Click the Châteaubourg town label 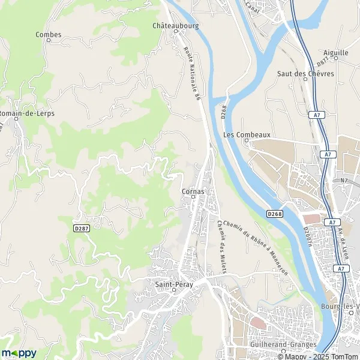coord(175,26)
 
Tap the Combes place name coord(49,35)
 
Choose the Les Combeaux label coord(239,135)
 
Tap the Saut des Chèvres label coord(300,74)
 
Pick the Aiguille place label coord(335,53)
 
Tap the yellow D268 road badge coord(275,214)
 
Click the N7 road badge coord(344,179)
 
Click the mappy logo coord(19,353)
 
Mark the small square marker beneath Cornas coord(193,197)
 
